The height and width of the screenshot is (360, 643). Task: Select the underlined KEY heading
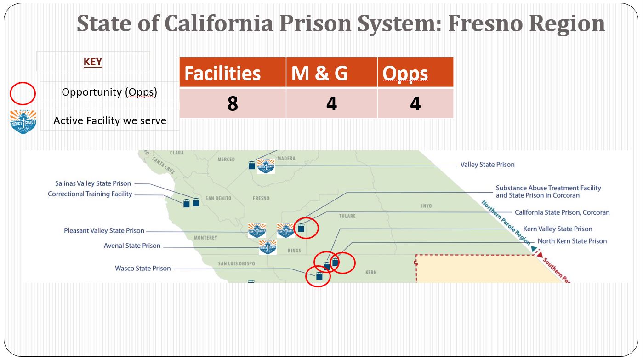pos(93,62)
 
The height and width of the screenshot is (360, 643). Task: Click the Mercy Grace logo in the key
pos(23,122)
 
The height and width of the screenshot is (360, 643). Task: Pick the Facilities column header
pos(222,73)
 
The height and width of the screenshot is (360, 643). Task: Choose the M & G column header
pos(319,73)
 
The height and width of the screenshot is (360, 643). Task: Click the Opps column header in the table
pos(405,74)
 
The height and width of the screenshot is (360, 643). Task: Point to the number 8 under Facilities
pos(233,103)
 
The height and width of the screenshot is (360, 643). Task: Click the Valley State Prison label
pos(487,165)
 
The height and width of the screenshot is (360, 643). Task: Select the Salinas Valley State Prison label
pos(93,183)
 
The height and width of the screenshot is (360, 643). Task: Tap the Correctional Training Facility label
pos(90,194)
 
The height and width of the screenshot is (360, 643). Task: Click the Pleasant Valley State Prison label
pos(104,230)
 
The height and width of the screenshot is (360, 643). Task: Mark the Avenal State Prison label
pos(132,246)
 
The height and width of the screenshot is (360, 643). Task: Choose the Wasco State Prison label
pos(143,268)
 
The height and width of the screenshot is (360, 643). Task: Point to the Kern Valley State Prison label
pos(558,229)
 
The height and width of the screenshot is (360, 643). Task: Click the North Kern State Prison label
pos(572,241)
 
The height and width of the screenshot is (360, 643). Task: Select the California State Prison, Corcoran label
pos(562,212)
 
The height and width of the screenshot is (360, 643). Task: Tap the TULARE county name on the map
pos(347,216)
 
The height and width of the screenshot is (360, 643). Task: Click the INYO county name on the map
pos(426,206)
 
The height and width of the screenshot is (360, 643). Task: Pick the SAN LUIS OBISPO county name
pos(237,263)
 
